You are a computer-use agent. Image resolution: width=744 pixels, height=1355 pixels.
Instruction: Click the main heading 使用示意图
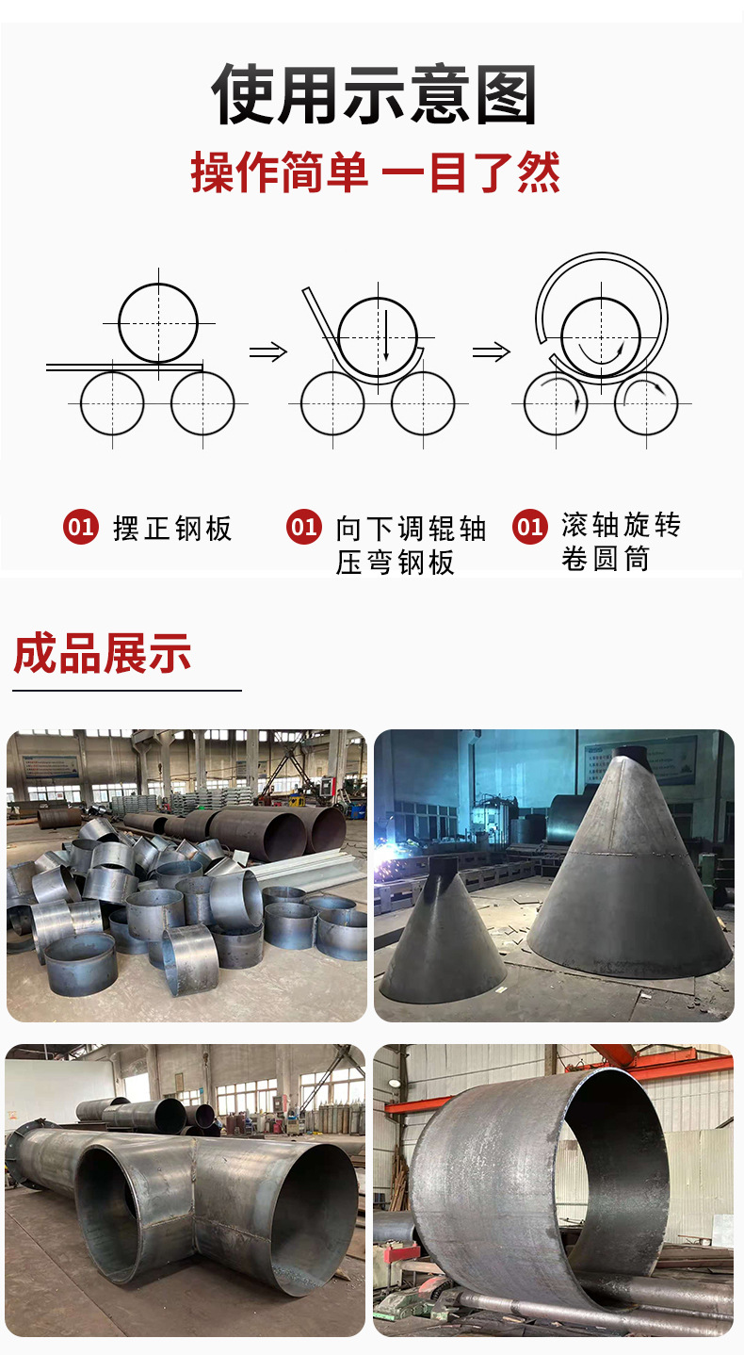pos(374,95)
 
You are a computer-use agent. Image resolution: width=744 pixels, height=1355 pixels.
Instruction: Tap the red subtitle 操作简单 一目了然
pos(376,173)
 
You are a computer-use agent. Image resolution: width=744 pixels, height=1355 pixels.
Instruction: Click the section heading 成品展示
pos(102,653)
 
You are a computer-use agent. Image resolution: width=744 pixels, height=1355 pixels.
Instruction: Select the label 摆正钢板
pos(173,528)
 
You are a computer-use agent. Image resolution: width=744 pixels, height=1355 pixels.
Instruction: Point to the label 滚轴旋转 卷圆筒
pos(622,542)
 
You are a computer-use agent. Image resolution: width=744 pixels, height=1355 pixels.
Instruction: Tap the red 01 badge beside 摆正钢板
pos(80,527)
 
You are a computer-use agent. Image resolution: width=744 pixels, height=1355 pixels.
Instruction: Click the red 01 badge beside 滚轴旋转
pos(530,527)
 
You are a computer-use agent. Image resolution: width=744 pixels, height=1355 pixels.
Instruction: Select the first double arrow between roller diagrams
pos(267,351)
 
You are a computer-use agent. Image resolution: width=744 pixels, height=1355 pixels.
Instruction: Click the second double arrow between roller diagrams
pos(492,351)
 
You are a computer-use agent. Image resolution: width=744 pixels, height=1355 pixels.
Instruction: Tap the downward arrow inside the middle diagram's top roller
pos(385,336)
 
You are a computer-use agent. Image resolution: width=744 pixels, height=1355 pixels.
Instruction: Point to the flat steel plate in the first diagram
pos(124,367)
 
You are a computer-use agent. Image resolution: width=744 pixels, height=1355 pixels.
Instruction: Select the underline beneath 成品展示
pos(127,690)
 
